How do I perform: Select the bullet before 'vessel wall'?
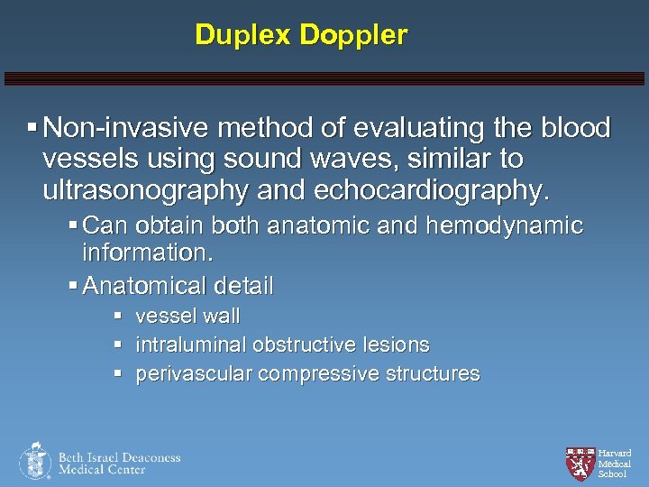click(x=117, y=317)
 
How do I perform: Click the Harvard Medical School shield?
click(x=580, y=462)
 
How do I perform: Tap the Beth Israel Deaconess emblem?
click(x=35, y=460)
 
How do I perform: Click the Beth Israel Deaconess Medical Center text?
click(x=119, y=463)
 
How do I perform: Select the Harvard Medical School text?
click(x=615, y=464)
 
